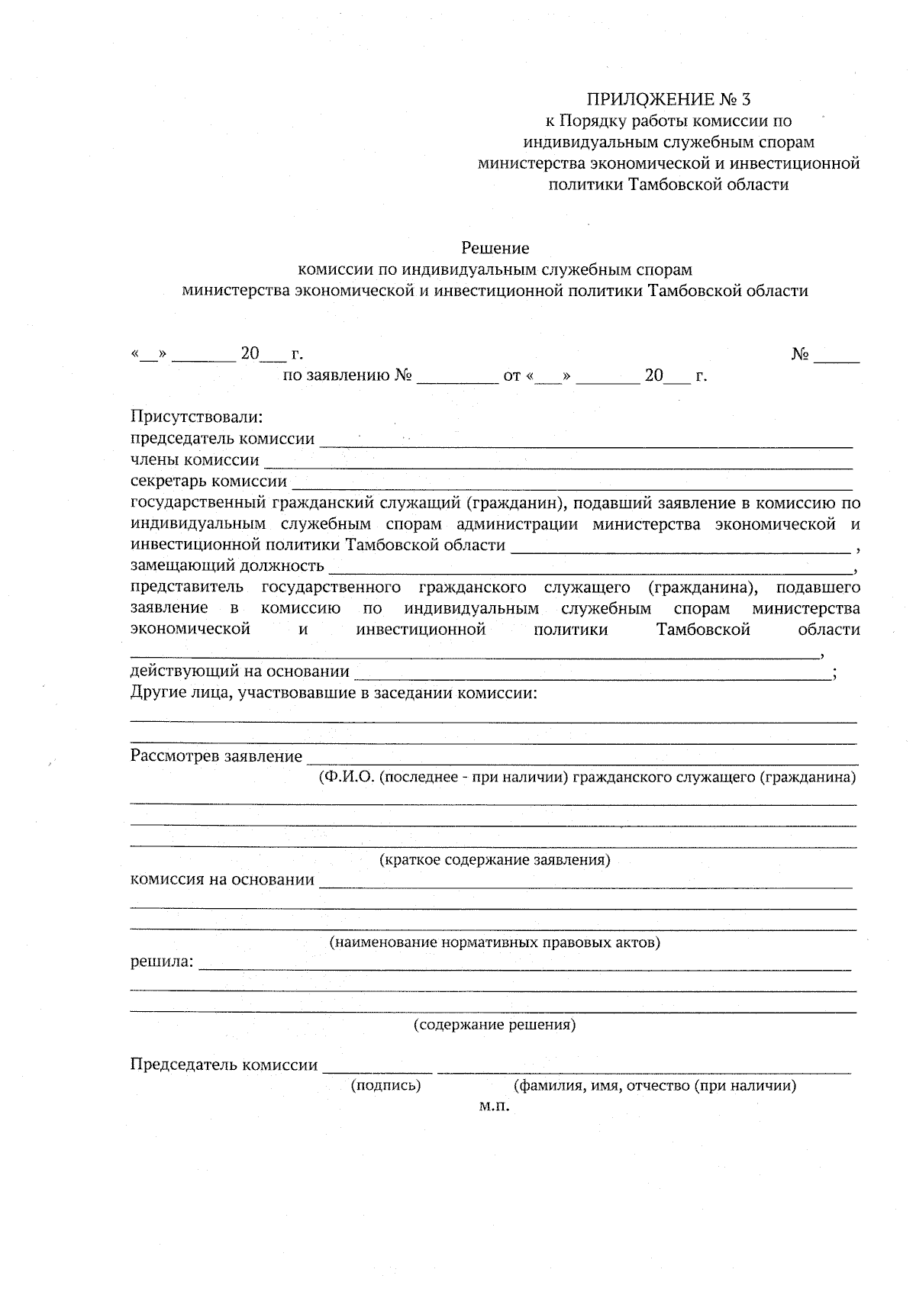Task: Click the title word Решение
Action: pyautogui.click(x=495, y=248)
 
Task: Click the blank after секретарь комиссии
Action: pyautogui.click(x=572, y=483)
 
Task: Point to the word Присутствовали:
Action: pyautogui.click(x=196, y=417)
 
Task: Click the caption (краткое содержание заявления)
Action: pyautogui.click(x=495, y=860)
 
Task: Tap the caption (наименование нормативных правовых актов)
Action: pyautogui.click(x=495, y=942)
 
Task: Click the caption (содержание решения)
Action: pyautogui.click(x=495, y=1024)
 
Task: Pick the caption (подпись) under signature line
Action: pyautogui.click(x=385, y=1085)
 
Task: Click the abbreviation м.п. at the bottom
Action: pyautogui.click(x=494, y=1106)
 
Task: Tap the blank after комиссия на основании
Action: pyautogui.click(x=585, y=882)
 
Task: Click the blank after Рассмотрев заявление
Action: pyautogui.click(x=580, y=759)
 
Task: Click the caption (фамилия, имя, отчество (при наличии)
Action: pyautogui.click(x=656, y=1085)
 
